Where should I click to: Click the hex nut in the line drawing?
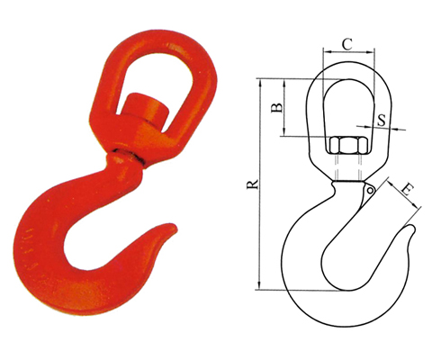tap(346, 146)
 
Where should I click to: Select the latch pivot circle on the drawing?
tap(371, 189)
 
